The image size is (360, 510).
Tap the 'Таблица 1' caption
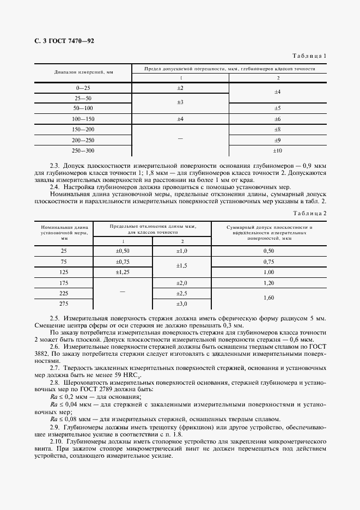309,56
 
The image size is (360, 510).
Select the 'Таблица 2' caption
309,213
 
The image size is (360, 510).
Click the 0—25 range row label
83,88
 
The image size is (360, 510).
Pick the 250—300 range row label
83,150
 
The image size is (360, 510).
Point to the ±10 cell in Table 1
277,150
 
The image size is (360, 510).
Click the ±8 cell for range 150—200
277,129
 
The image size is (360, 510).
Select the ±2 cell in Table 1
180,88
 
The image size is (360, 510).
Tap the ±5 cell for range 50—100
277,108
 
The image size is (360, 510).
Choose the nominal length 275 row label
64,303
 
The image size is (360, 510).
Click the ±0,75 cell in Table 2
123,261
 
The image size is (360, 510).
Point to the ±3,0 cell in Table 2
181,303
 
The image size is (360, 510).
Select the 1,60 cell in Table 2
269,298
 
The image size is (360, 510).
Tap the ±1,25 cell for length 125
123,271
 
